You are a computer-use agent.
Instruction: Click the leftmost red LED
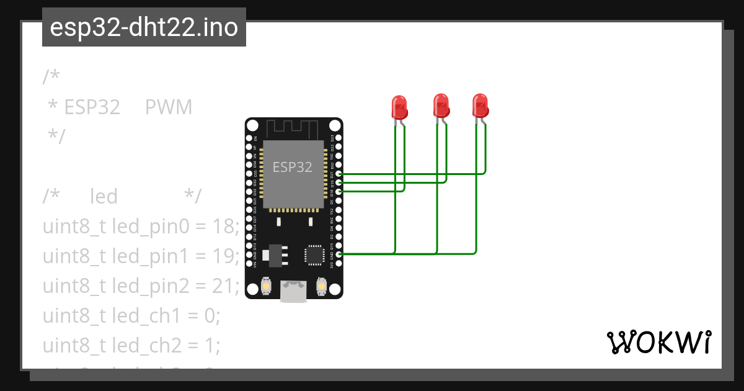coord(399,107)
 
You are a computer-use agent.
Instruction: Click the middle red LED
coord(441,105)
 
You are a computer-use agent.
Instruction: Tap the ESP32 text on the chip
coord(293,167)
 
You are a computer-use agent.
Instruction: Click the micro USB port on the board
coord(293,291)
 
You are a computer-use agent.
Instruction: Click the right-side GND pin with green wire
coord(339,254)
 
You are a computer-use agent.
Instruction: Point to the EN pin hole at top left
coord(249,138)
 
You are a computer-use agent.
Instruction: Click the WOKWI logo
coord(658,342)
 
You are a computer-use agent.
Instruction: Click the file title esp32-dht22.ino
coord(144,27)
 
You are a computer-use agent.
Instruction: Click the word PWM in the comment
coord(169,107)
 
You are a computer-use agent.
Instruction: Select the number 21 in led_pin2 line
coord(225,285)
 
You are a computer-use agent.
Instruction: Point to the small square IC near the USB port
coord(314,254)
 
